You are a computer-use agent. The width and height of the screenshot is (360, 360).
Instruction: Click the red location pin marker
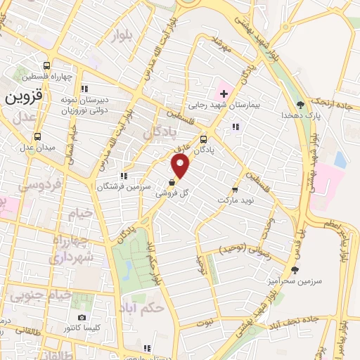click(x=181, y=167)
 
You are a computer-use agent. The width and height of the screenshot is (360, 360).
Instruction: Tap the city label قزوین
click(x=25, y=97)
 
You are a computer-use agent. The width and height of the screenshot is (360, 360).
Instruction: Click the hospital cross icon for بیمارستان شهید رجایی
click(x=224, y=94)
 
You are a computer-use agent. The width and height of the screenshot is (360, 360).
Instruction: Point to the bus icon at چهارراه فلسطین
click(x=48, y=64)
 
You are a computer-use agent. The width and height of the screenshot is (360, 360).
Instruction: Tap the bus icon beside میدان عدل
click(x=37, y=136)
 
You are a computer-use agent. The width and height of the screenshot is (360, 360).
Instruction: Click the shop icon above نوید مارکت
click(x=235, y=189)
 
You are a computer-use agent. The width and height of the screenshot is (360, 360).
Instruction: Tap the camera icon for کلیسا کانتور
click(x=82, y=317)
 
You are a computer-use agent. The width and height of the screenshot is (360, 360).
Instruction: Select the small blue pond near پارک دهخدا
click(x=340, y=160)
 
